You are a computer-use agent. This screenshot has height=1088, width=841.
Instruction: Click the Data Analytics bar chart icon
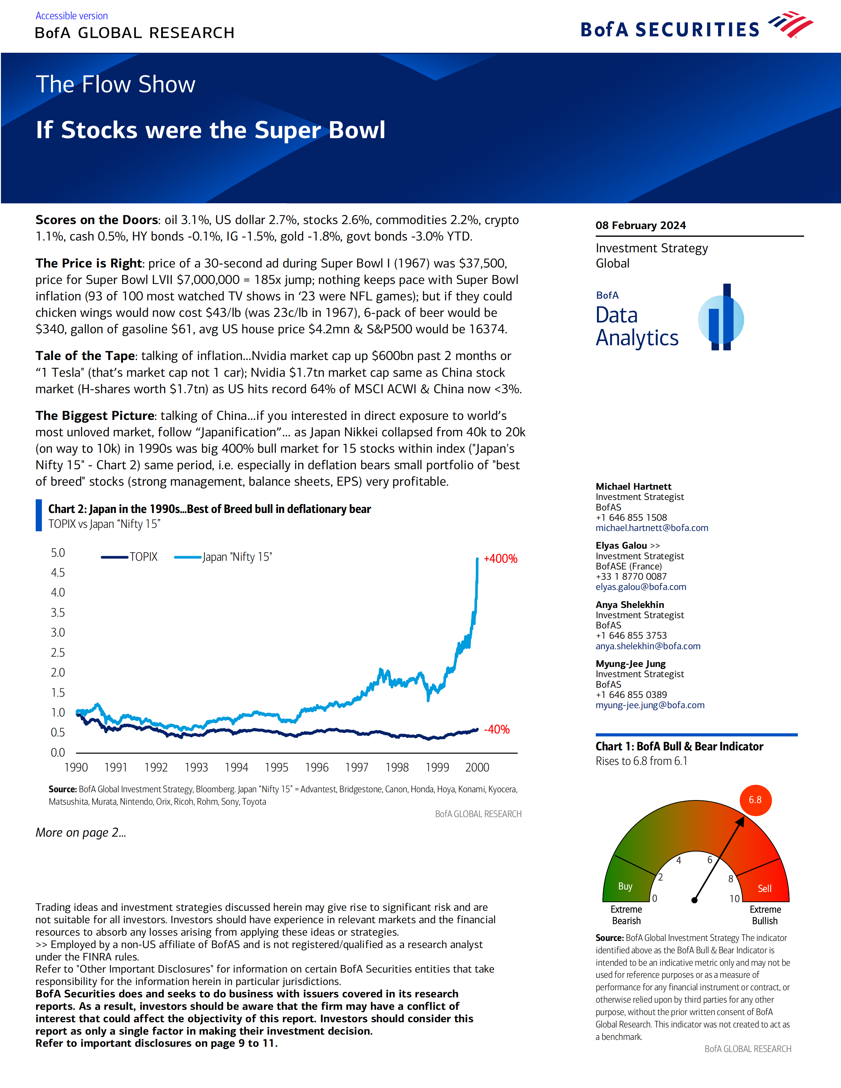pyautogui.click(x=721, y=318)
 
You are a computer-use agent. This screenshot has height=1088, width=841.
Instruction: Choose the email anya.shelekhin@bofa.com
pyautogui.click(x=648, y=646)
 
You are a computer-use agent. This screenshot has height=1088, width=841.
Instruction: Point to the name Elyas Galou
pyautogui.click(x=621, y=546)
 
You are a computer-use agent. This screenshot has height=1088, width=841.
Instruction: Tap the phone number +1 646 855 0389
pyautogui.click(x=631, y=695)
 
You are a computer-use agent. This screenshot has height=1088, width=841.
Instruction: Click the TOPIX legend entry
pyautogui.click(x=129, y=557)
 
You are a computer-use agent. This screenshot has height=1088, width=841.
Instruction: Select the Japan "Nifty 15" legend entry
pyautogui.click(x=223, y=557)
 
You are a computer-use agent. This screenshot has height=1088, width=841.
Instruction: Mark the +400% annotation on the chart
pyautogui.click(x=500, y=559)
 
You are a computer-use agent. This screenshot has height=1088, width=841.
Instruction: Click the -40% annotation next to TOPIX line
pyautogui.click(x=497, y=730)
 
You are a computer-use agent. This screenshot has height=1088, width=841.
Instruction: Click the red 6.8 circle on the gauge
pyautogui.click(x=755, y=800)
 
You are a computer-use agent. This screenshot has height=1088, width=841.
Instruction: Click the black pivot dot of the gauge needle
pyautogui.click(x=694, y=900)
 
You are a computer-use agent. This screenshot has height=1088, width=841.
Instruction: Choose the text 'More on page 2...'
pyautogui.click(x=81, y=832)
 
